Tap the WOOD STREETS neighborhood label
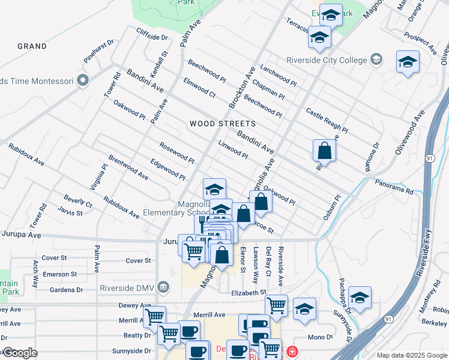point(223,124)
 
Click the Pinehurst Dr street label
point(99,52)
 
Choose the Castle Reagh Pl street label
point(327,121)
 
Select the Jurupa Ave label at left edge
point(20,235)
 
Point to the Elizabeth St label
point(249,292)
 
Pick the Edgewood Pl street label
point(167,169)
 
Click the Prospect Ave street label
point(420,40)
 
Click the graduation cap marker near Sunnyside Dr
point(360,298)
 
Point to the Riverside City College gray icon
point(376,59)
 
